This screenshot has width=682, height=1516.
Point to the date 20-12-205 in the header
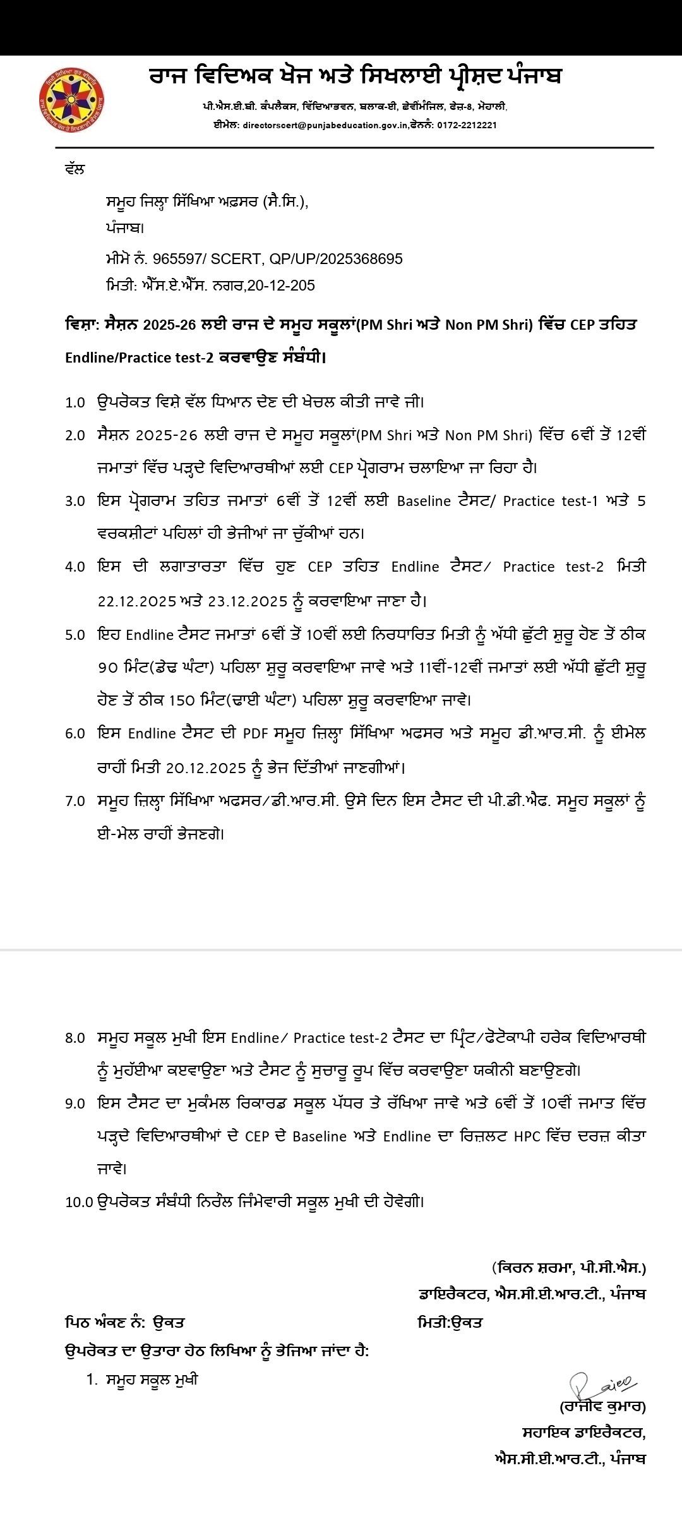[x=281, y=286]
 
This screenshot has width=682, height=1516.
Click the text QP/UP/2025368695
[x=336, y=259]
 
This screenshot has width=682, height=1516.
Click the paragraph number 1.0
[x=75, y=402]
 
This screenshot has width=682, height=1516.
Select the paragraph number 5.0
[x=75, y=635]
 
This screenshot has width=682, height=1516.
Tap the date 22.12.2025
[x=136, y=601]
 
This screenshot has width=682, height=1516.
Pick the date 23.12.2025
[x=248, y=601]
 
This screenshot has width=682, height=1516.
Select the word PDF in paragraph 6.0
[x=256, y=733]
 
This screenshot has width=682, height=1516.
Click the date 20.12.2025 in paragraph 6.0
[x=206, y=768]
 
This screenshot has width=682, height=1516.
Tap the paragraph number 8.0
[x=75, y=1038]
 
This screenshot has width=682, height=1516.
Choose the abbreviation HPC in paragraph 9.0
[x=527, y=1136]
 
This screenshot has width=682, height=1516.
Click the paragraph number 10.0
[x=79, y=1202]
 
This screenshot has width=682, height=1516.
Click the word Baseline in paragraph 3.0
[x=424, y=501]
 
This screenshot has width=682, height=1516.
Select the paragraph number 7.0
[x=75, y=801]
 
